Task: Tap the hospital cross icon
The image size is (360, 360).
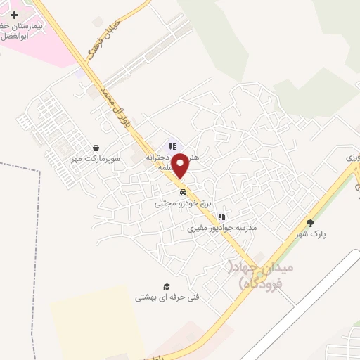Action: point(14,15)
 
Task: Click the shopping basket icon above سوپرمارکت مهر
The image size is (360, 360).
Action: point(95,148)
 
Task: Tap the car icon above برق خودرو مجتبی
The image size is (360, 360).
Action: point(182,192)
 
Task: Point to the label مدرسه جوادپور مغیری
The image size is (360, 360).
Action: point(221,229)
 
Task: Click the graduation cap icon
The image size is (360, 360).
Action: point(167,286)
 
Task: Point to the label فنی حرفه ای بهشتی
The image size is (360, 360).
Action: point(167,297)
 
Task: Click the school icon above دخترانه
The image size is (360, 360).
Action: point(172,147)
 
